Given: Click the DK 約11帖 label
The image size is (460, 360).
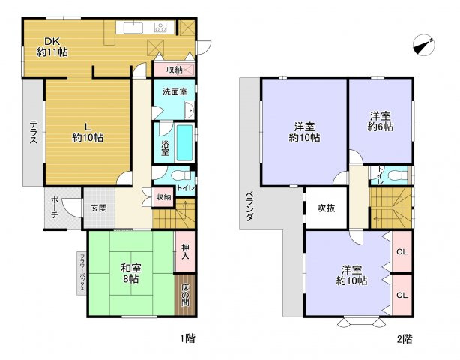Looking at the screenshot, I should (52, 47).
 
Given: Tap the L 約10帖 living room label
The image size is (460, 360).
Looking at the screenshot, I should (88, 132).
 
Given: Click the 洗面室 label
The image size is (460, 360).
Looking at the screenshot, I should (175, 91).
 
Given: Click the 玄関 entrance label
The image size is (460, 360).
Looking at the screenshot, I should (99, 208).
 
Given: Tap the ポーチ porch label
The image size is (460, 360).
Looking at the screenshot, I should (55, 205).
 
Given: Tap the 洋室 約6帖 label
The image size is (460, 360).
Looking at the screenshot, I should (381, 121).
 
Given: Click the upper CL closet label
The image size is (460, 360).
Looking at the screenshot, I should (402, 252).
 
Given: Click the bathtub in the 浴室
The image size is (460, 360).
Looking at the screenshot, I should (184, 142).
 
